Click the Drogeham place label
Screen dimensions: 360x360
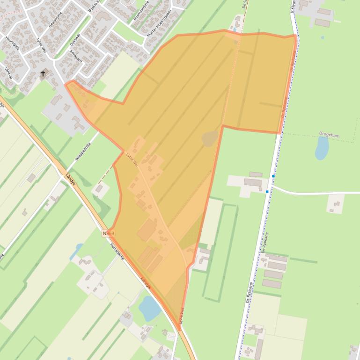(x=329, y=136)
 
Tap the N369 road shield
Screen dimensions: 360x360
(x=109, y=233)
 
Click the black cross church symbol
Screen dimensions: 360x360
(x=43, y=73)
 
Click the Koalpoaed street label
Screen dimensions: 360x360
(x=76, y=55)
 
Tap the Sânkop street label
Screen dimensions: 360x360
(x=8, y=72)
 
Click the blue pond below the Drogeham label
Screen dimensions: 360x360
(x=322, y=149)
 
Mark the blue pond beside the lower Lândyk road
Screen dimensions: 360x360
(x=150, y=309)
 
